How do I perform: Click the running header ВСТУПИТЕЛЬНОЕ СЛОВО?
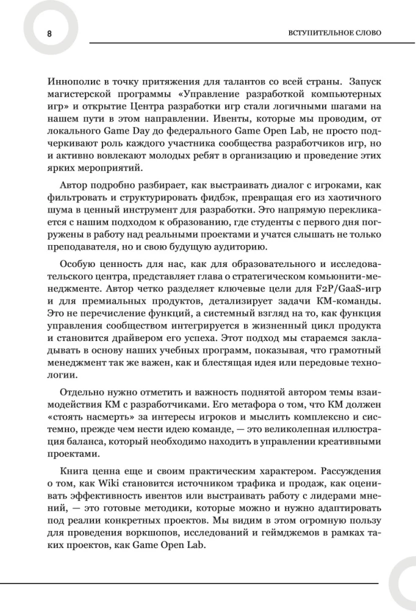334,32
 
